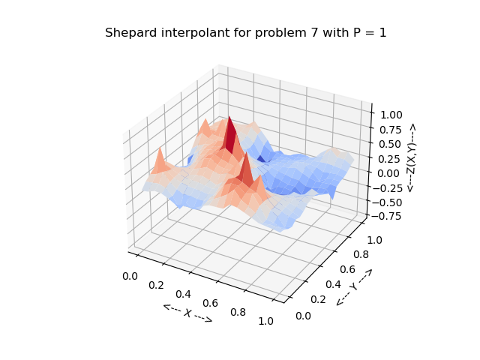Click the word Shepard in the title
128,33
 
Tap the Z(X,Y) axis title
411,158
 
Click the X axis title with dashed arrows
187,313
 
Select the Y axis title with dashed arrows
353,286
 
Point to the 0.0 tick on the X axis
129,276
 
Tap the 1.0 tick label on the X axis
265,321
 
